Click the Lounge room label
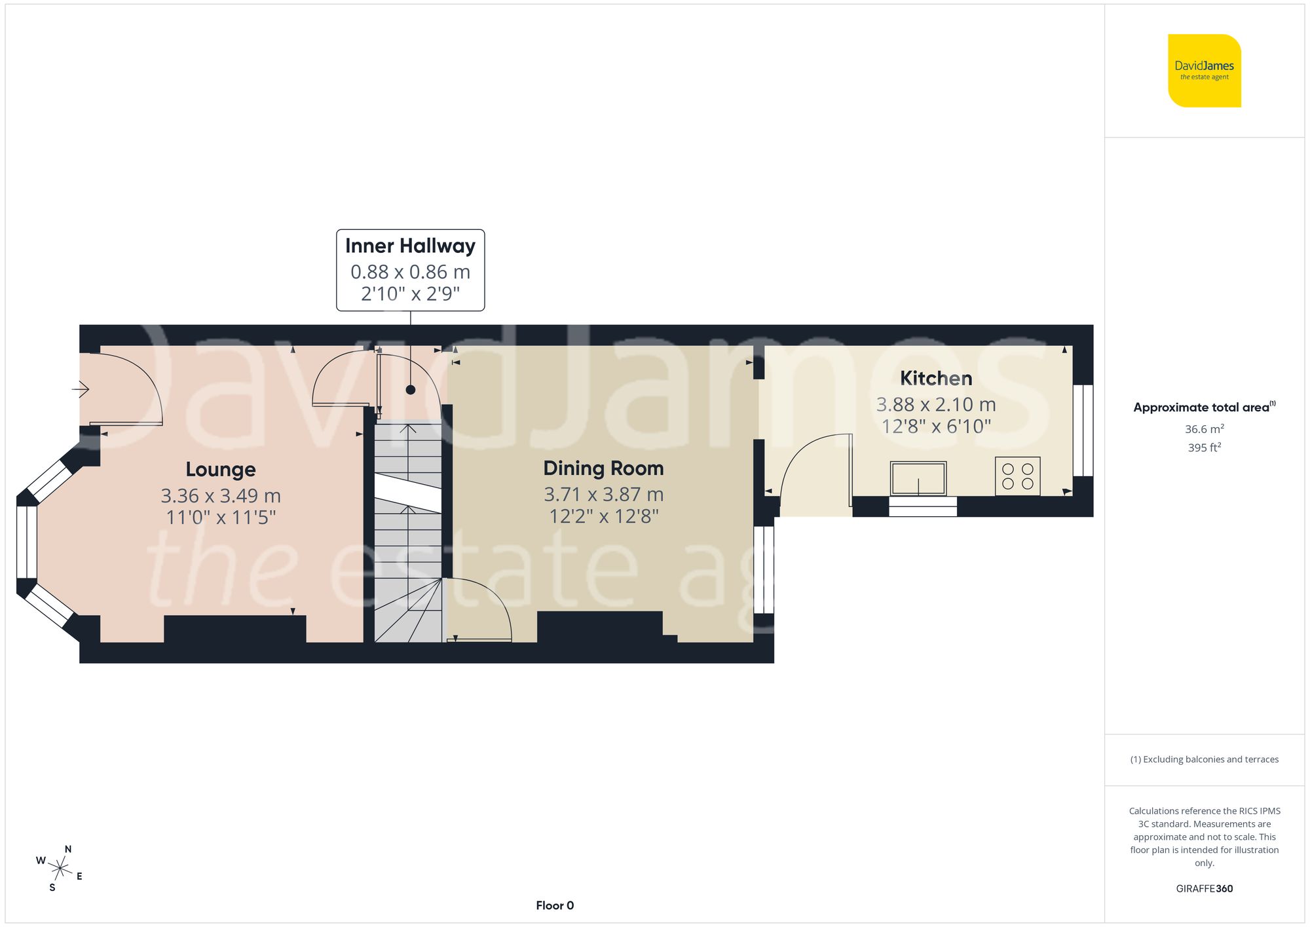tap(220, 470)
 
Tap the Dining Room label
tap(603, 468)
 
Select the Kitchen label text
tap(935, 378)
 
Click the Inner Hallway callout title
tap(410, 246)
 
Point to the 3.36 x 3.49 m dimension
tap(221, 496)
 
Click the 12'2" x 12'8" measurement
tap(603, 516)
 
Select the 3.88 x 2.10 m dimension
tap(935, 404)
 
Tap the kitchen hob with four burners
tap(1017, 476)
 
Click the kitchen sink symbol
tap(918, 478)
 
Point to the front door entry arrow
tap(81, 390)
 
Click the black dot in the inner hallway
tap(410, 390)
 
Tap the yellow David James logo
tap(1204, 71)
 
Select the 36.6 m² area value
tap(1204, 429)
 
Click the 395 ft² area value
tap(1204, 447)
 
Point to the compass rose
tap(60, 869)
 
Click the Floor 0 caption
tap(554, 905)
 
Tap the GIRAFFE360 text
tap(1204, 888)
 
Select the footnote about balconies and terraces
tap(1204, 759)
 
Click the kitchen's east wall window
tap(1083, 430)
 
